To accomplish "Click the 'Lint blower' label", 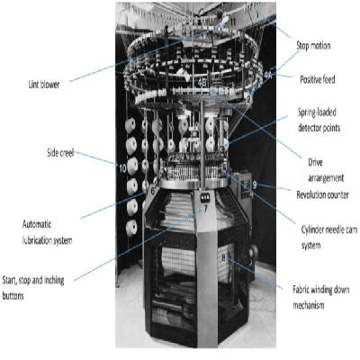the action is pos(44,85).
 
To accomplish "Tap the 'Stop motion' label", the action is pos(313,46).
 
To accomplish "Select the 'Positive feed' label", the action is pos(318,79).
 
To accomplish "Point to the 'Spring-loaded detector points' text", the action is pos(319,120).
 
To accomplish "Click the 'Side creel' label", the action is pos(60,153).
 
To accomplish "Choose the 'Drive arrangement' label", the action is pos(326,170).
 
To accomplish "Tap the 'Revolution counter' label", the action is pos(322,195).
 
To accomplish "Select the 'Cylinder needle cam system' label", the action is pos(329,238).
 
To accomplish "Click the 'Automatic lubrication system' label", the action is pos(47,232).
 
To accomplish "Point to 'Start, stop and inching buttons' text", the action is pos(33,288).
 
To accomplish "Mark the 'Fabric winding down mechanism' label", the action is pos(320,298).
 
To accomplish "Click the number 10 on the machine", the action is pos(123,168).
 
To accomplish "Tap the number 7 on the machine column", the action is pos(205,209).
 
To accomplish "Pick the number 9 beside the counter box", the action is pos(255,184).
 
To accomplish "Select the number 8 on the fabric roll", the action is pos(223,257).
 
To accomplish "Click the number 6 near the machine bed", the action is pos(152,191).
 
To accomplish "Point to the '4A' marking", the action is pos(268,75).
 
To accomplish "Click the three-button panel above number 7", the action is pos(205,198).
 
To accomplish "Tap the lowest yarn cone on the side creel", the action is pos(131,229).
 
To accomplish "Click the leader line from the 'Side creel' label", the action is pos(95,158).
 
